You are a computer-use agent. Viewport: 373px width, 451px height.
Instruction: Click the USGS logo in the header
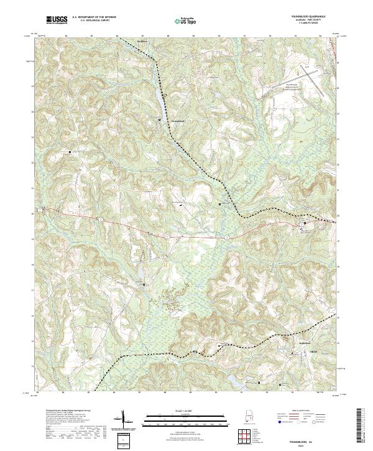click(x=57, y=20)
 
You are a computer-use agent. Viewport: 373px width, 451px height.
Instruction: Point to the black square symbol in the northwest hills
click(x=70, y=151)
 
